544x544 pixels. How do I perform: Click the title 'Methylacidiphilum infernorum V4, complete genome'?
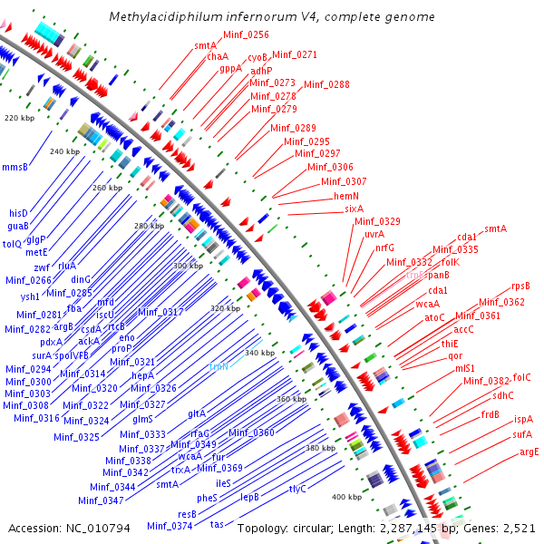(272, 16)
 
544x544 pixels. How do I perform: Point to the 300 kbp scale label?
(188, 265)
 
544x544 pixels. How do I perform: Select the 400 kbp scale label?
(346, 497)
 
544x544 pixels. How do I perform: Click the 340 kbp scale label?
(259, 352)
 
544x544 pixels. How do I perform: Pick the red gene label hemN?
(347, 195)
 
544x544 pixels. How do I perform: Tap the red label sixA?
(354, 208)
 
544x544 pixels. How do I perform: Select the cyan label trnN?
(219, 366)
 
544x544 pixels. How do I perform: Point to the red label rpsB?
(520, 286)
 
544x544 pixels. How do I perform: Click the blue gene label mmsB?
(15, 167)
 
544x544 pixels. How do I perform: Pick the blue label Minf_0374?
(170, 526)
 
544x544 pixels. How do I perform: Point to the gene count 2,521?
(520, 527)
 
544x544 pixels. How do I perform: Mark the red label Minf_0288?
(326, 84)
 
